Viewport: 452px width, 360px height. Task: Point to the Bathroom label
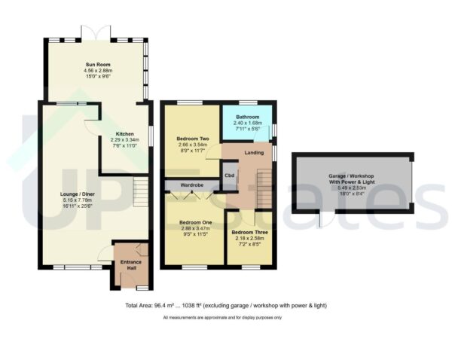(248, 117)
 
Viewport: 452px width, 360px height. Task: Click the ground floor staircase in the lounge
(139, 191)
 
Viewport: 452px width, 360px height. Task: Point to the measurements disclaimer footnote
(222, 318)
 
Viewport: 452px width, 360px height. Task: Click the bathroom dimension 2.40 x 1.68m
(248, 124)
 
